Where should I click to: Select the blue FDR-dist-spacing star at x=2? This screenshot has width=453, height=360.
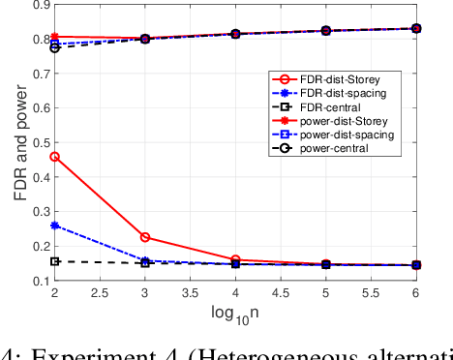point(54,225)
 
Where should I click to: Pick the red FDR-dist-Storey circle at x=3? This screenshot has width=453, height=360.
point(145,237)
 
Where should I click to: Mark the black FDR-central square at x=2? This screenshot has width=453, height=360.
point(54,261)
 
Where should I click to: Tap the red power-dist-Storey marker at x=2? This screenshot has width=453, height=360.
point(54,37)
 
